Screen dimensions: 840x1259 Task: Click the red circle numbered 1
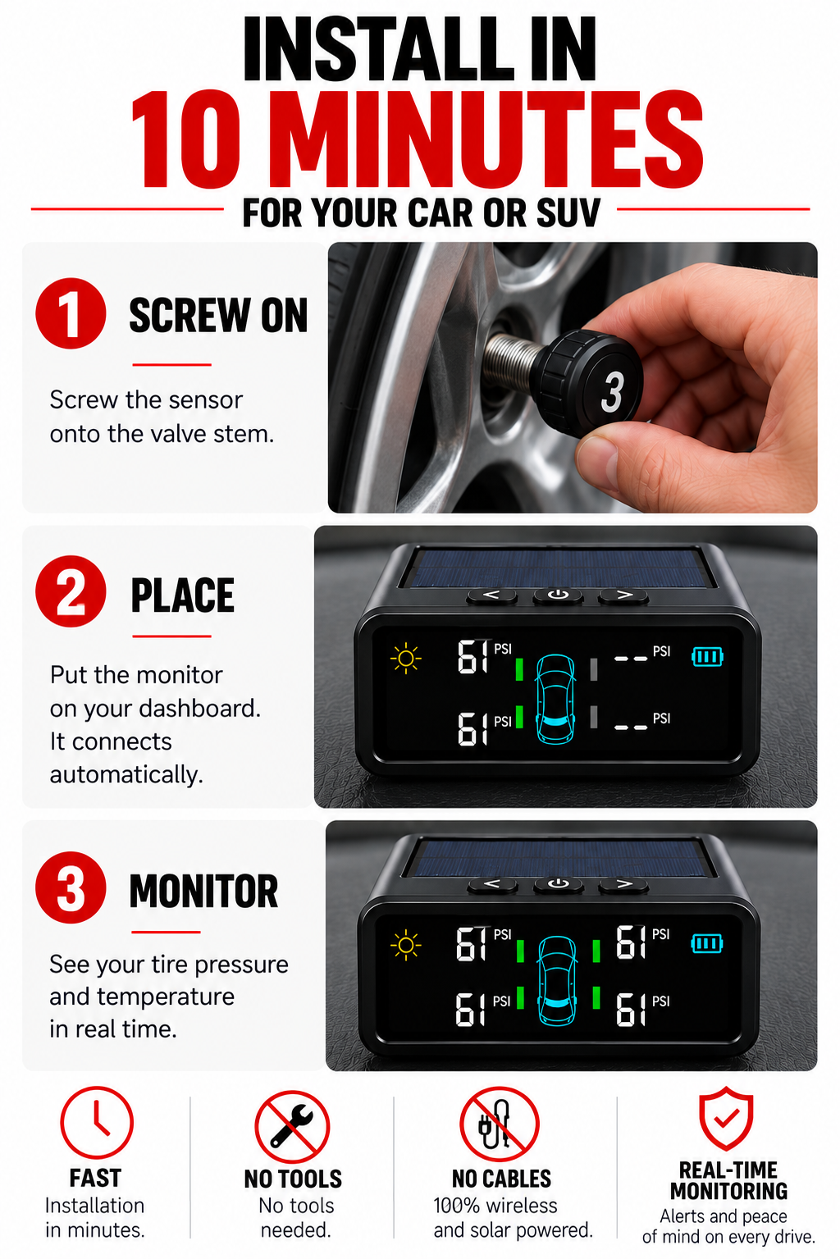[71, 313]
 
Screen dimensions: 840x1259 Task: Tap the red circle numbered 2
[71, 591]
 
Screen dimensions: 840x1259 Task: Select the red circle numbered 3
[71, 887]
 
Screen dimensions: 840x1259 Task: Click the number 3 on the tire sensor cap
[612, 392]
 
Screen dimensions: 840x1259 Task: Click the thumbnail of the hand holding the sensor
[573, 377]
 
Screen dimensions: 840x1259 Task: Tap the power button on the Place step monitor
[558, 595]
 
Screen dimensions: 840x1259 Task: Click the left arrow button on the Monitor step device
[492, 884]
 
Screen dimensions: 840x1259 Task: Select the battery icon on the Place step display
[707, 656]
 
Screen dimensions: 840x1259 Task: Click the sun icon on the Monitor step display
[405, 946]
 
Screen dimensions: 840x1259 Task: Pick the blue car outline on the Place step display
[555, 699]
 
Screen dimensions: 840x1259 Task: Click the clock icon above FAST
[97, 1122]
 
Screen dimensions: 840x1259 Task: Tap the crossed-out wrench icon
[292, 1127]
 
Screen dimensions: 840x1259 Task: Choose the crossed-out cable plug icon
[500, 1124]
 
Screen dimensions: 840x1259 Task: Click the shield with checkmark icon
[726, 1119]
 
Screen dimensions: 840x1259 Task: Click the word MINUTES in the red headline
[493, 140]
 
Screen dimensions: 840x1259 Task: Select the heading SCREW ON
[219, 315]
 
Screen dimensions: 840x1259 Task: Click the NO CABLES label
[501, 1179]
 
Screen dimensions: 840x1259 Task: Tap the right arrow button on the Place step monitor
[623, 595]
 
